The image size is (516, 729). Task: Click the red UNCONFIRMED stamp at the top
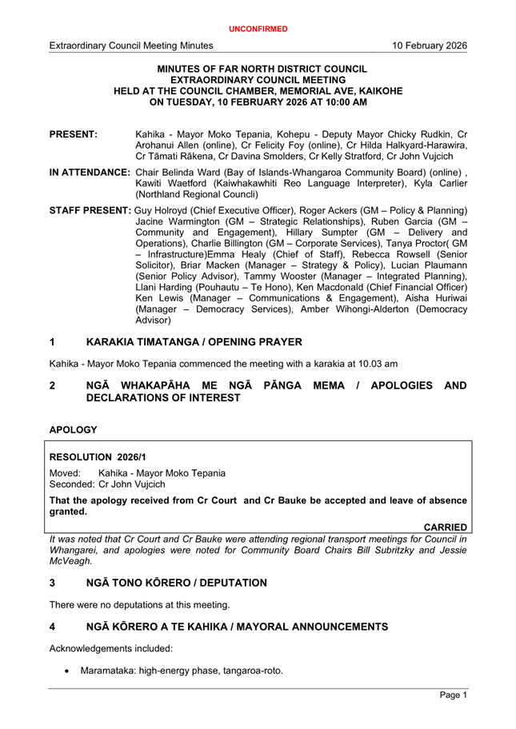tap(258, 29)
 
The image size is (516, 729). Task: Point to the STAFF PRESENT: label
tap(90, 210)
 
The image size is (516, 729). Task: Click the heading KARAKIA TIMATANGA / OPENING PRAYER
tap(194, 342)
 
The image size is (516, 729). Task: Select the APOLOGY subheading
tap(74, 430)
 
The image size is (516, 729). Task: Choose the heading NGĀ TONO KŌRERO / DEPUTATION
tap(177, 583)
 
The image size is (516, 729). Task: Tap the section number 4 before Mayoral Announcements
tap(53, 627)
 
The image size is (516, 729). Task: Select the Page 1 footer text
tap(453, 696)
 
